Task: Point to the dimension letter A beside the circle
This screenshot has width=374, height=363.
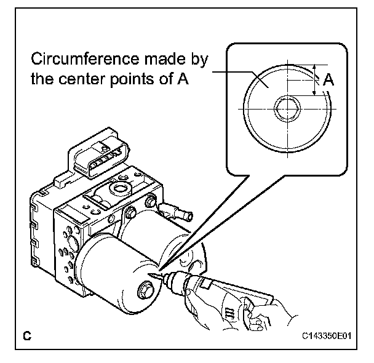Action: tap(329, 79)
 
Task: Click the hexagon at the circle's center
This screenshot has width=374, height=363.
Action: tap(286, 110)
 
